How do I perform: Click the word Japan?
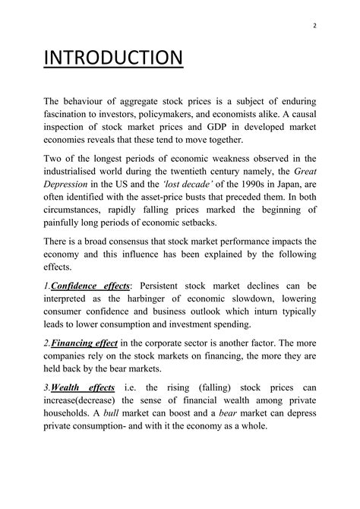pyautogui.click(x=290, y=186)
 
